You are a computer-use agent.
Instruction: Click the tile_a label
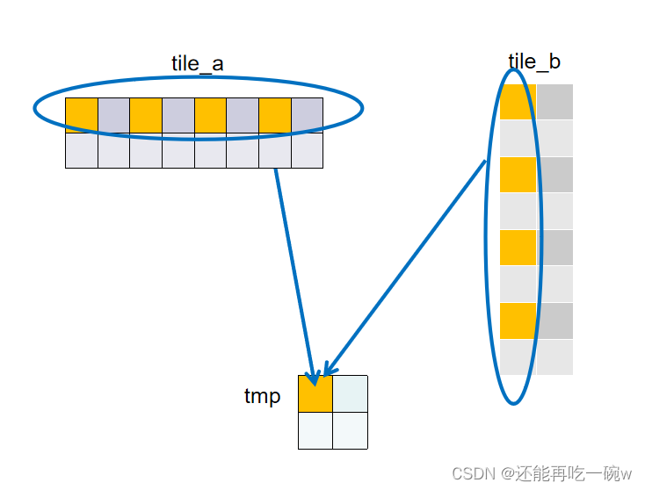[197, 63]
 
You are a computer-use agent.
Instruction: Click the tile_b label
[534, 61]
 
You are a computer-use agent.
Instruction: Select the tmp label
[262, 396]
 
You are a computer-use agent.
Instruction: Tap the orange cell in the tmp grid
[315, 394]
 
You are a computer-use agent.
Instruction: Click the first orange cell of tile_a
[82, 115]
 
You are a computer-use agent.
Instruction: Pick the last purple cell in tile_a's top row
[307, 115]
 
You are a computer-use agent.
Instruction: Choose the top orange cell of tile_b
[518, 102]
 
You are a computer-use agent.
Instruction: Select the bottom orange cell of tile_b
[518, 321]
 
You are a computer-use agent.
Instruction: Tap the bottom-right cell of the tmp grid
[350, 430]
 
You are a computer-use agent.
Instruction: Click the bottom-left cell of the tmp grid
[315, 430]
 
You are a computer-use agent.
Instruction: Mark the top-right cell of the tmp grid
[350, 394]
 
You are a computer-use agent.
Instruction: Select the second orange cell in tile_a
[146, 115]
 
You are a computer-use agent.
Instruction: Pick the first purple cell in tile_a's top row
[113, 115]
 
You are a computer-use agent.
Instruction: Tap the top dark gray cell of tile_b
[554, 102]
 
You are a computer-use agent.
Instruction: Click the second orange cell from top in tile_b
[518, 175]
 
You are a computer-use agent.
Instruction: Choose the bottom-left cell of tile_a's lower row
[82, 150]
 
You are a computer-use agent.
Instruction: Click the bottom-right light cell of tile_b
[554, 357]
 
